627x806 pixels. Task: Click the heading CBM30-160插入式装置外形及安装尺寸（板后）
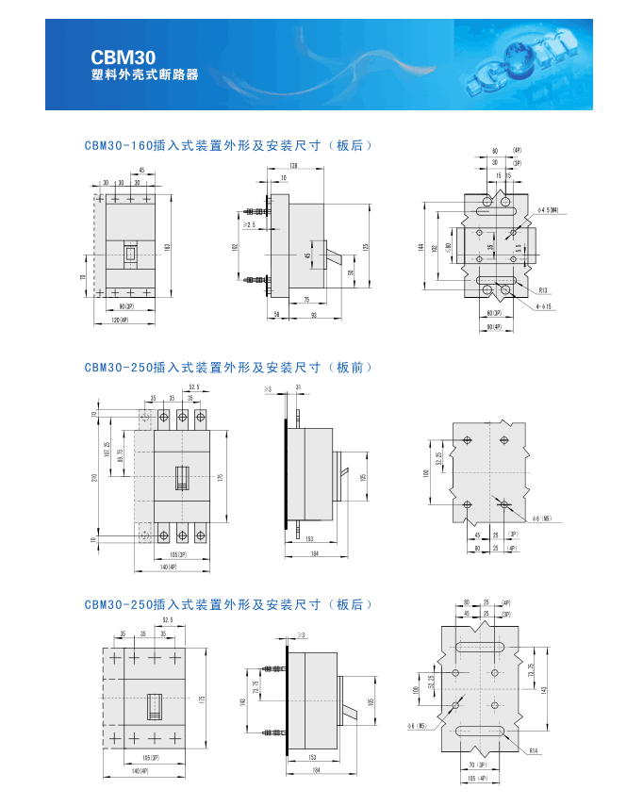pyautogui.click(x=229, y=145)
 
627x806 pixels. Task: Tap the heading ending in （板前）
pyautogui.click(x=229, y=368)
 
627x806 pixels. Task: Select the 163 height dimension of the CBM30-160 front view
pyautogui.click(x=168, y=247)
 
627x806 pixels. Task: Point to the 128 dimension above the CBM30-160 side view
pyautogui.click(x=295, y=167)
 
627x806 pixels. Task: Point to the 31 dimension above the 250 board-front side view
pyautogui.click(x=299, y=387)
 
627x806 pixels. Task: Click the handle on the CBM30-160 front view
pyautogui.click(x=130, y=253)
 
